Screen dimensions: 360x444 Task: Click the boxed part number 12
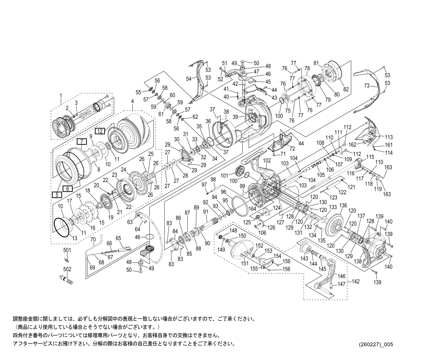(x=100, y=131)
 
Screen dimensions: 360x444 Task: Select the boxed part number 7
(x=81, y=142)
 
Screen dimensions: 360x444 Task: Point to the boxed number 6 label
(x=68, y=189)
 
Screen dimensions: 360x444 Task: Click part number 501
(x=67, y=250)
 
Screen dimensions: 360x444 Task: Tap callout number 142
(x=355, y=282)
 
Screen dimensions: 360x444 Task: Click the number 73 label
(x=368, y=86)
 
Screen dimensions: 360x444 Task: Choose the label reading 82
(x=346, y=89)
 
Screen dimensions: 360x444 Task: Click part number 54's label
(x=189, y=79)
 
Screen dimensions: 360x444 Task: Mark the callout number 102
(x=267, y=160)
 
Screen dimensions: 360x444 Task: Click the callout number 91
(x=205, y=212)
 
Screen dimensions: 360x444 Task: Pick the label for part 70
(x=93, y=239)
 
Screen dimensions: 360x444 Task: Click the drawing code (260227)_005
(x=375, y=344)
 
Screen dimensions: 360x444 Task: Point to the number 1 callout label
(x=61, y=95)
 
